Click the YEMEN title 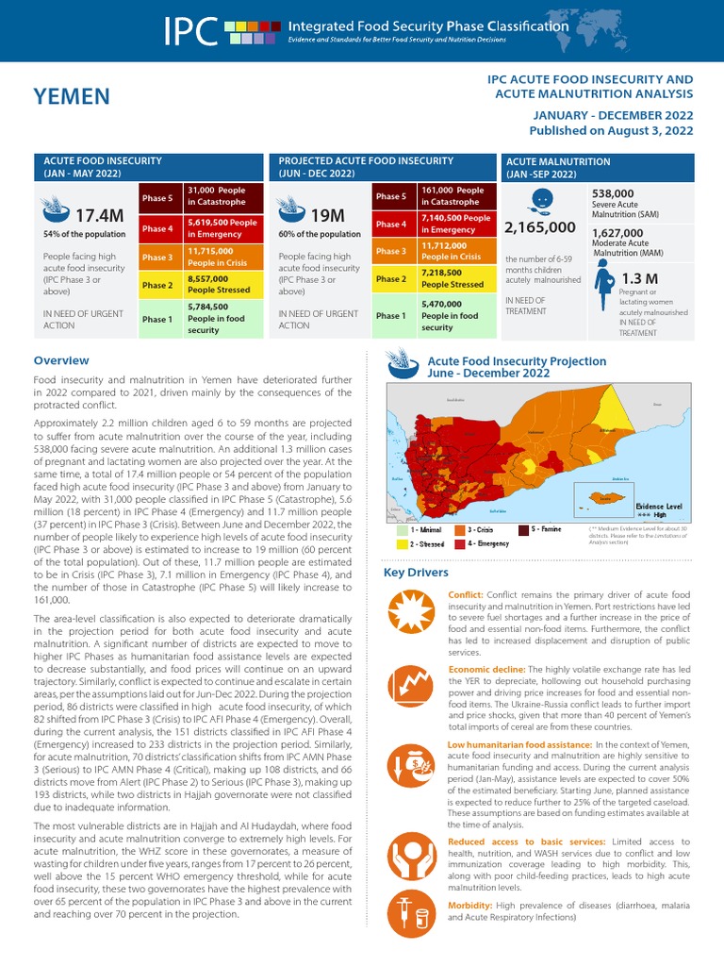72,96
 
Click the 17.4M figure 99,216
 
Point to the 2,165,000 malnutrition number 539,227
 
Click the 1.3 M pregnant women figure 639,279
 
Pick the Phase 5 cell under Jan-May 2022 157,198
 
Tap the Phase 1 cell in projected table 389,316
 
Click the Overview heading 61,360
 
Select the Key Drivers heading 416,573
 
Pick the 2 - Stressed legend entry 421,544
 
